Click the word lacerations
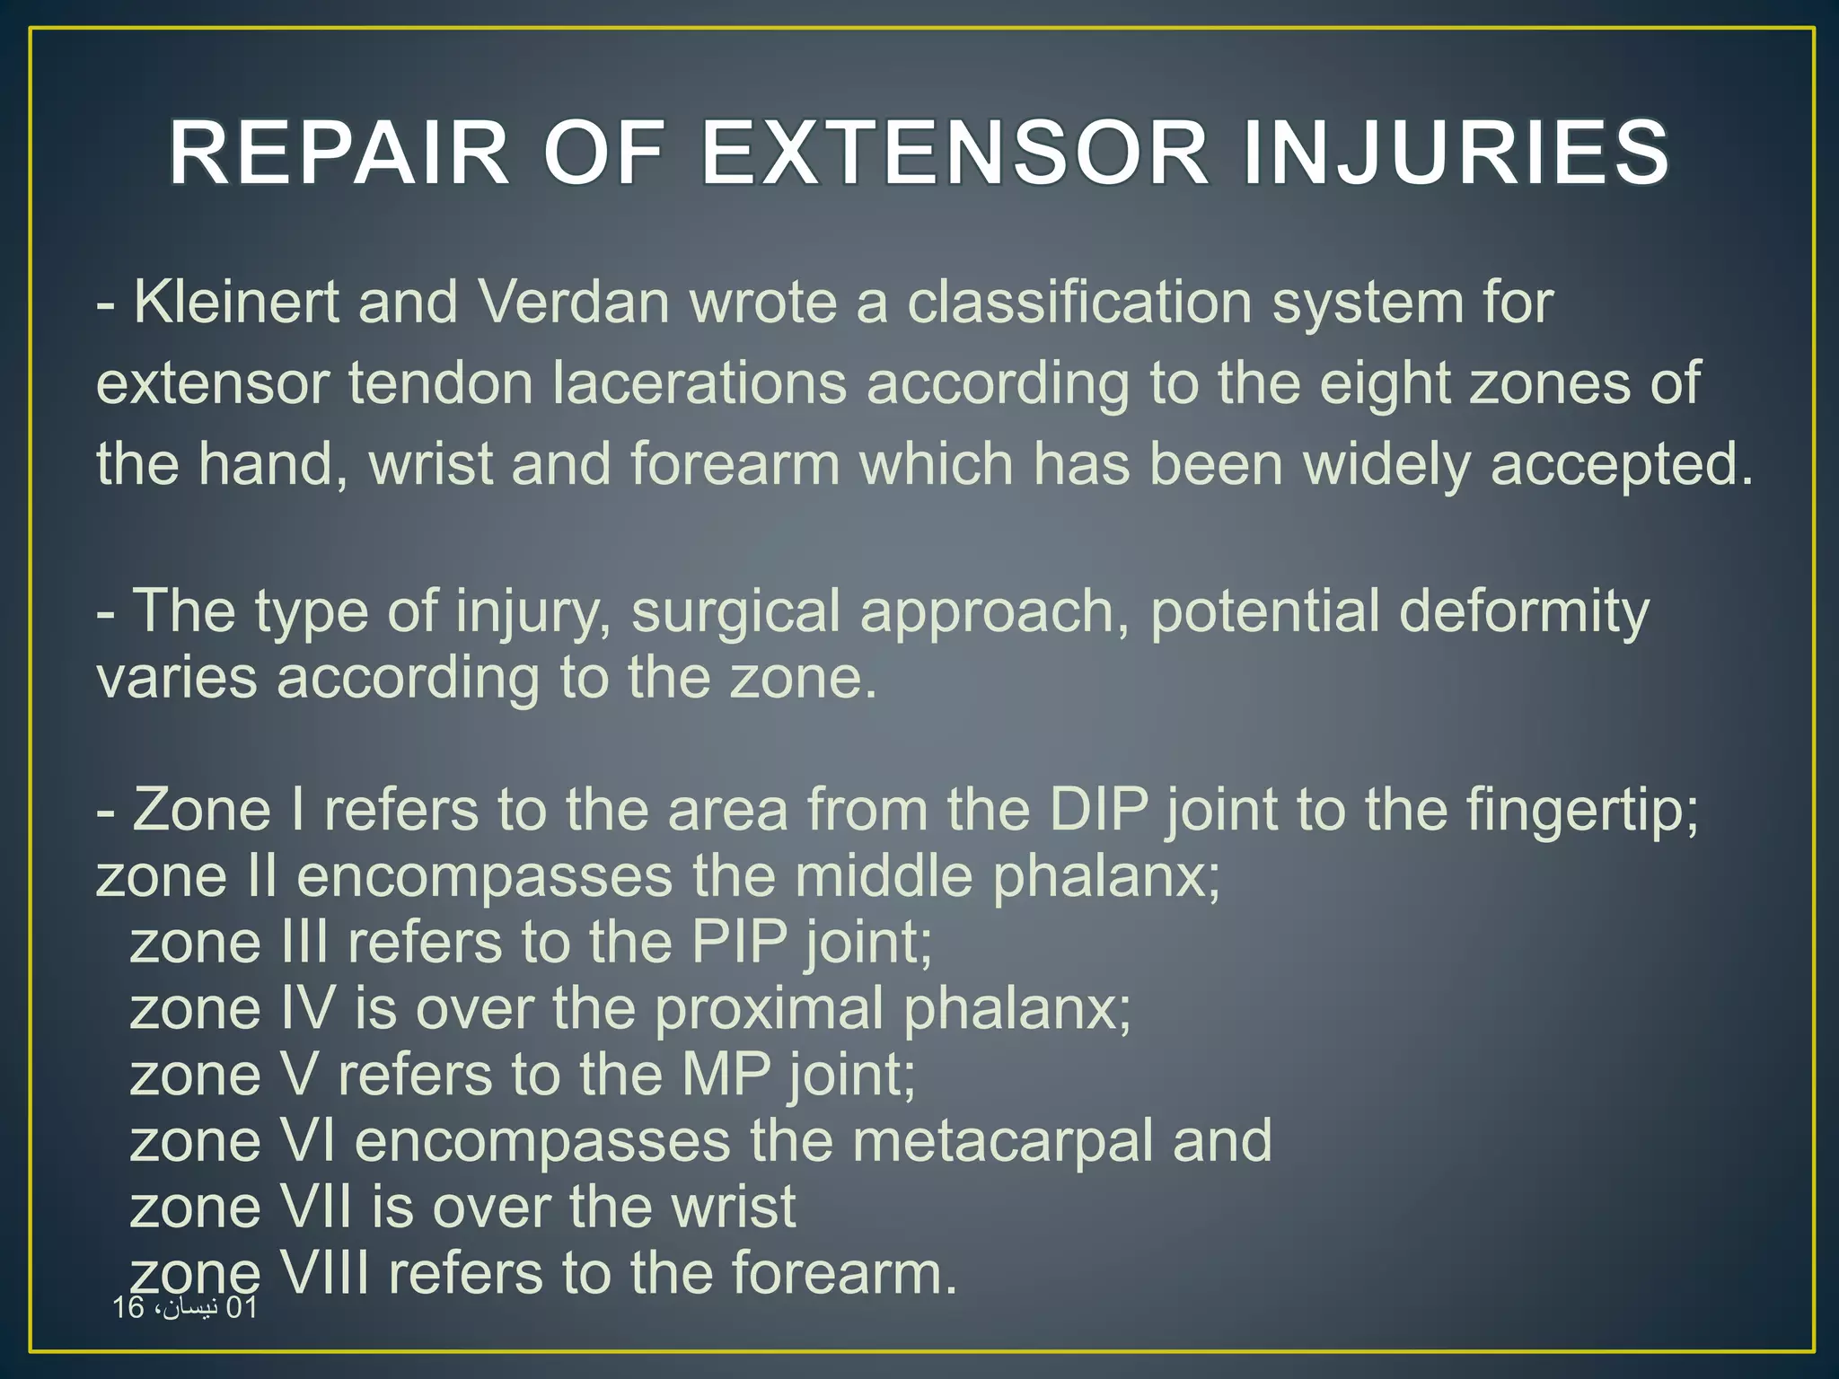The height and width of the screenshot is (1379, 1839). (699, 383)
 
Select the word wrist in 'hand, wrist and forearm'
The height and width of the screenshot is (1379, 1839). (431, 464)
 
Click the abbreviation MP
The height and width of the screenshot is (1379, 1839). (726, 1075)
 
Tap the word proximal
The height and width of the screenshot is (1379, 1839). (769, 1009)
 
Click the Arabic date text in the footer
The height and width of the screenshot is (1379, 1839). (185, 1308)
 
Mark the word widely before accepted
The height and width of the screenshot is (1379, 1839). (1386, 464)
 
